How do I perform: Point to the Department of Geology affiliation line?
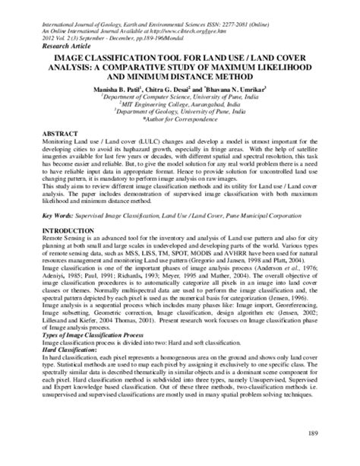pos(180,111)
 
